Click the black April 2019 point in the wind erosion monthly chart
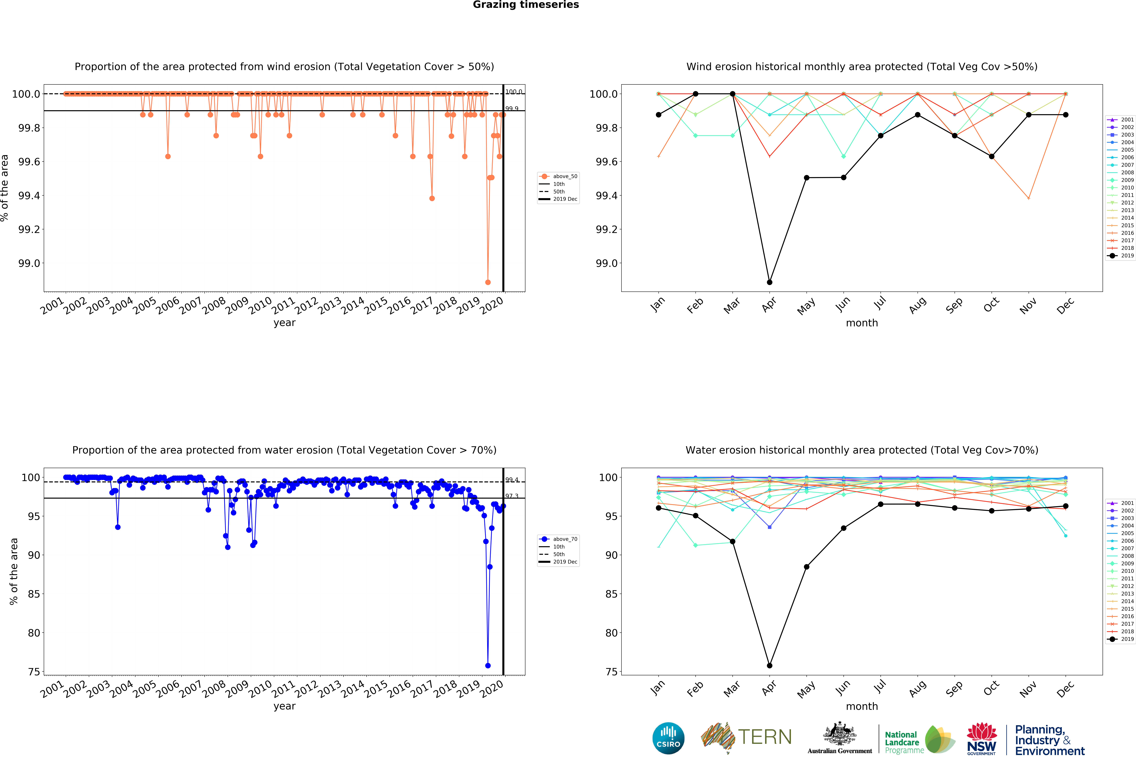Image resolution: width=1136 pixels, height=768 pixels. coord(769,282)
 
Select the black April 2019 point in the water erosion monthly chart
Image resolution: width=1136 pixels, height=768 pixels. coord(769,665)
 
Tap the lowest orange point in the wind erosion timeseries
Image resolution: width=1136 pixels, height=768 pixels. coord(487,282)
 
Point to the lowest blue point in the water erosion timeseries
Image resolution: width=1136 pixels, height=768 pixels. coord(487,665)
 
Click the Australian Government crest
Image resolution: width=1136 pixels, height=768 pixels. coord(839,733)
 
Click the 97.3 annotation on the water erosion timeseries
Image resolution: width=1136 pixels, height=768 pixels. coord(512,496)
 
